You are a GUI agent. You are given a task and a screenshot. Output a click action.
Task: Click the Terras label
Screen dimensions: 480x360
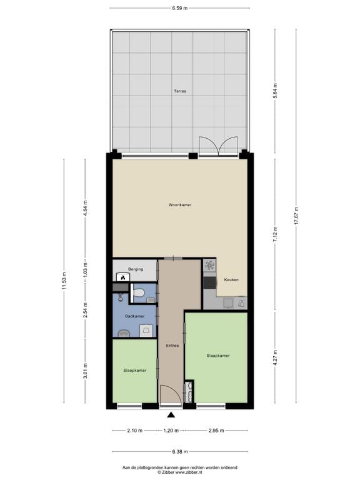pos(180,91)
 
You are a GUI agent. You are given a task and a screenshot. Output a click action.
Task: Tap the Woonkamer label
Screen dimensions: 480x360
pos(180,204)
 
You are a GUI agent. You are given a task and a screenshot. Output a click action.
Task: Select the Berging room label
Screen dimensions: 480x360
pos(136,269)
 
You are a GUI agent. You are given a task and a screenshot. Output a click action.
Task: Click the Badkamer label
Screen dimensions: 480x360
pos(134,316)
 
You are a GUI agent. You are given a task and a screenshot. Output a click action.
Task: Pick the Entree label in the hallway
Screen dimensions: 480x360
pos(172,346)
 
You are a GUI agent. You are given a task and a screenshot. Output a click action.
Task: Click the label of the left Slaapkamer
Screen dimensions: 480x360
pos(135,371)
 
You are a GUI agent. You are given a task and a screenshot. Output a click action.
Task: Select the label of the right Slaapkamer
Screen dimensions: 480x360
pos(217,356)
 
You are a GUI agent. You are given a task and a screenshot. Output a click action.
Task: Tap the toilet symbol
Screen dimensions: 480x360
pos(139,292)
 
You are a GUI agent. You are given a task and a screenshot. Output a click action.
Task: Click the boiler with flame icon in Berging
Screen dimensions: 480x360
pos(123,277)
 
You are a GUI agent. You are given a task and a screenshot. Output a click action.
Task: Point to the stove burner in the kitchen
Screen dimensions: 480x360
pos(209,267)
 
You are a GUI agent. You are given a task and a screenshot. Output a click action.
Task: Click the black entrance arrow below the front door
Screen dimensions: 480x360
pos(171,414)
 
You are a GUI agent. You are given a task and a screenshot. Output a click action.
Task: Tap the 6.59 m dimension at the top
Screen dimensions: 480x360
pos(180,8)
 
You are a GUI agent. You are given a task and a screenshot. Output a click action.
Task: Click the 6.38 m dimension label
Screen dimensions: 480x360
pos(180,452)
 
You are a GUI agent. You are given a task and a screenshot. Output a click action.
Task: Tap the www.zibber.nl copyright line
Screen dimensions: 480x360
pos(180,471)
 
